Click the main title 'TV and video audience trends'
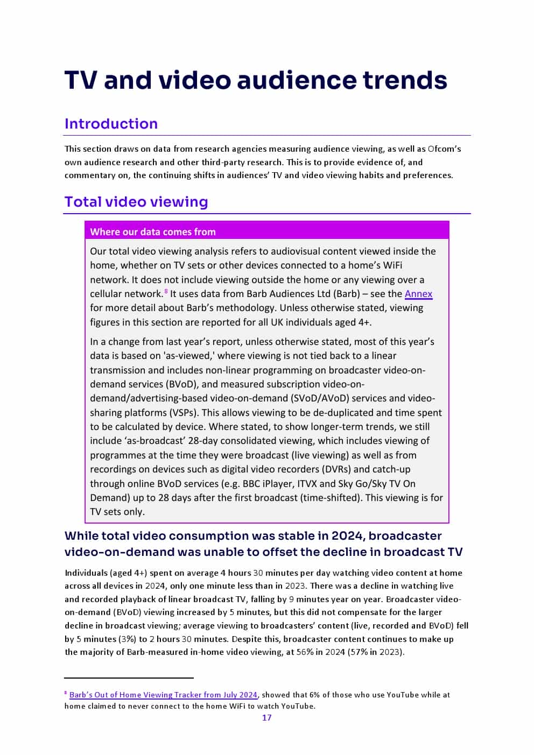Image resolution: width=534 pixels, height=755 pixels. coord(256,80)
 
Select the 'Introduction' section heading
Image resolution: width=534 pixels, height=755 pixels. coord(111,124)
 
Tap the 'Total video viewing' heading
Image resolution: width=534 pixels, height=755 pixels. coord(136,202)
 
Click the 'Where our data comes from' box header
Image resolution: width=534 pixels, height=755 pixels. coord(153,232)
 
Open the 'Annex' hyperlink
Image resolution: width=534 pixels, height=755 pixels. coord(418,294)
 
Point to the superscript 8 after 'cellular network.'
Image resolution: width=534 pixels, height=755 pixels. coord(166,291)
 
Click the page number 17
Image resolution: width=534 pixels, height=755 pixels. coord(266,717)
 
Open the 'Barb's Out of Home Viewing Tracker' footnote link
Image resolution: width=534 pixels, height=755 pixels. coord(163,695)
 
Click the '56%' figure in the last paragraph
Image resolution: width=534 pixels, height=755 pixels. coord(305,652)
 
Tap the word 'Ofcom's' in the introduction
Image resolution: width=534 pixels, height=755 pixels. coord(444,149)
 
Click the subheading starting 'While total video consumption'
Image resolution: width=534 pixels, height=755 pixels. coord(263,544)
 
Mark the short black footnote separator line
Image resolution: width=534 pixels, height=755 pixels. coord(129,678)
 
